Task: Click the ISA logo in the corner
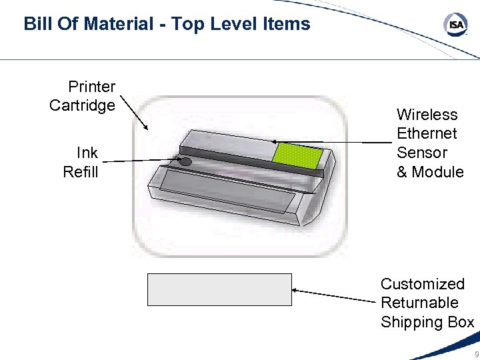tap(455, 25)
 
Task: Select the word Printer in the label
tap(92, 87)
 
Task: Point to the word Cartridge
tap(82, 105)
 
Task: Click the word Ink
tap(87, 153)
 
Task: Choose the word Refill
tap(81, 172)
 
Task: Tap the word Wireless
tap(427, 115)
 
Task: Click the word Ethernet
tap(427, 133)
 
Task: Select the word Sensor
tap(422, 153)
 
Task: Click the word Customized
tap(423, 285)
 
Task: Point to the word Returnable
tap(420, 303)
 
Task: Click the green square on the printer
tap(298, 155)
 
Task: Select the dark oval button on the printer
tap(185, 162)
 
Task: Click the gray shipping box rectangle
tap(219, 289)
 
